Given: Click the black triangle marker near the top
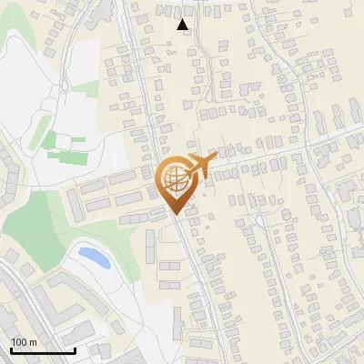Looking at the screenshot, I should (183, 25).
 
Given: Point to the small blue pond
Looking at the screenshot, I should (95, 257).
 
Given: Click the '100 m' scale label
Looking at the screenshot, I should (24, 341).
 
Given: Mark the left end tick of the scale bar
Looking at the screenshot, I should (11, 350).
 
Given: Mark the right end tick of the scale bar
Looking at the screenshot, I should (75, 350).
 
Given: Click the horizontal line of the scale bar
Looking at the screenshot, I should (43, 351).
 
